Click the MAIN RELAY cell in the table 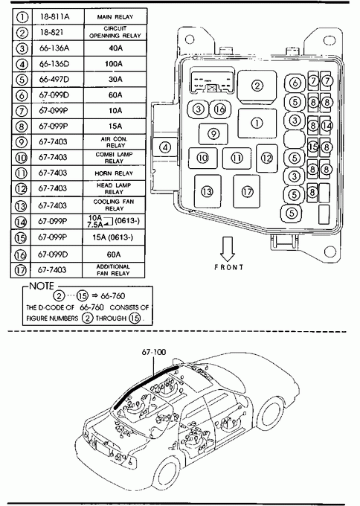pos(115,16)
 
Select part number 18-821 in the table pos(51,32)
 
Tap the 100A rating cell pos(114,64)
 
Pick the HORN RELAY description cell pos(114,173)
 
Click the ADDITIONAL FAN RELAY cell pos(113,270)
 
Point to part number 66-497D pos(54,80)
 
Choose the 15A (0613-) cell pos(113,237)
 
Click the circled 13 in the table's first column pos(21,205)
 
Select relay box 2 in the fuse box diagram pos(257,86)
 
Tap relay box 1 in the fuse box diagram pos(257,124)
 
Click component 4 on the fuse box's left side pos(165,147)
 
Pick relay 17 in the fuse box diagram pos(247,192)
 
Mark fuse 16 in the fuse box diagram pos(220,109)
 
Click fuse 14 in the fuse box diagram pos(326,125)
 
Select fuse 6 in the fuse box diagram pos(295,83)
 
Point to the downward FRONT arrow pos(228,249)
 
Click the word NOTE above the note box pos(42,286)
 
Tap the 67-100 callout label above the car pos(154,352)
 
